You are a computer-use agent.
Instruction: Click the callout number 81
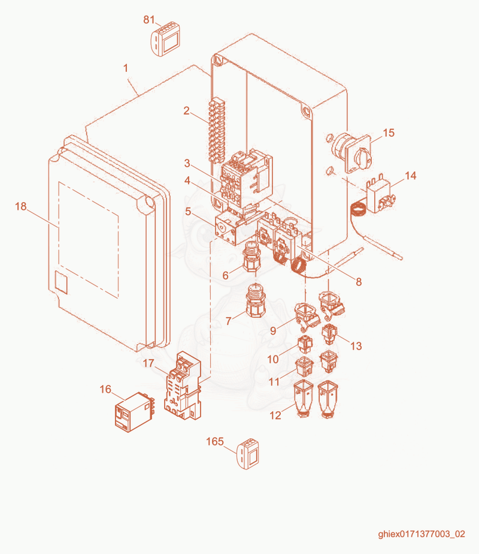[149, 19]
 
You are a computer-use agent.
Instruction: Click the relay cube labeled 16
[135, 412]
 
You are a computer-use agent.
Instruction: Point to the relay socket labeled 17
[183, 386]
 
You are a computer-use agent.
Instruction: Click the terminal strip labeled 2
[217, 131]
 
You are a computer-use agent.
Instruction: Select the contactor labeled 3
[247, 179]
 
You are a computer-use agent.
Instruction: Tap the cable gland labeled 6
[251, 257]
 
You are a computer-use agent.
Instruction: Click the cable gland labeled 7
[254, 300]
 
